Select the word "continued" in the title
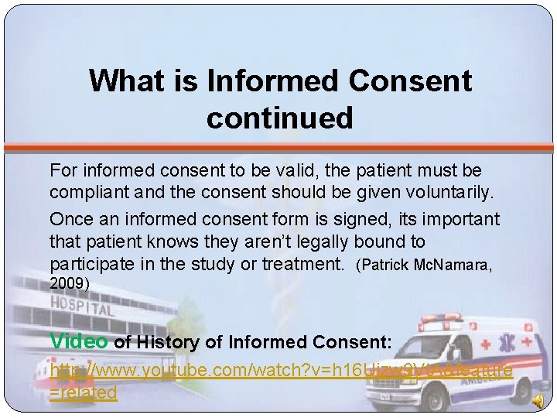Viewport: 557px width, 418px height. [279, 118]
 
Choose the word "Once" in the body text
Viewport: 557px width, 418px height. [71, 219]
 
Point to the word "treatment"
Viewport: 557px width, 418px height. [302, 264]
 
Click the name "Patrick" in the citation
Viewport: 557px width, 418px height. [385, 266]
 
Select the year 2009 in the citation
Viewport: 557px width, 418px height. [67, 284]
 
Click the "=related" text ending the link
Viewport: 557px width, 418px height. [83, 392]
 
